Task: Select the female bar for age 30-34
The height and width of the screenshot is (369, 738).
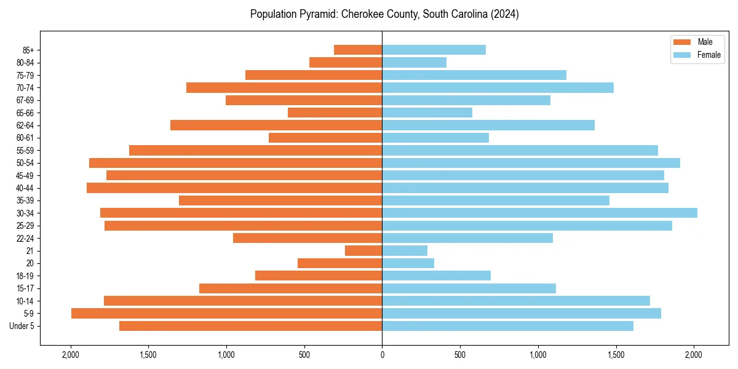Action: pos(539,213)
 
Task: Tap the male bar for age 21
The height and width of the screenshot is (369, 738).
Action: pos(363,251)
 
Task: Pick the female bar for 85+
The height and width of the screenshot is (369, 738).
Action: pos(434,50)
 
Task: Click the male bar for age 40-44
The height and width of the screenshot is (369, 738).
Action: pos(234,188)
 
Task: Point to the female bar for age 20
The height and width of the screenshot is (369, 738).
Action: pos(408,263)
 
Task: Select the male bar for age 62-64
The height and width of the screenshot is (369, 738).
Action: pos(276,125)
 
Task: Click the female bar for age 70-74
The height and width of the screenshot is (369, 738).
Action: pos(498,88)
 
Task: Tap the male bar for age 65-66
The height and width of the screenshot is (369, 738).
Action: pos(335,113)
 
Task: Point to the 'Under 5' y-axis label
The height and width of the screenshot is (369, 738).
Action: pos(22,326)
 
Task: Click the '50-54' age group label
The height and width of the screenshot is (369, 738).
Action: pos(25,163)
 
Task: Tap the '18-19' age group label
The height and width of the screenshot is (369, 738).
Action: pos(25,276)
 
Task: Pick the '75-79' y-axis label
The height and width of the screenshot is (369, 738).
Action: pos(25,76)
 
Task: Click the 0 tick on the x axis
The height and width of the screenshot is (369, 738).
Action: pos(382,355)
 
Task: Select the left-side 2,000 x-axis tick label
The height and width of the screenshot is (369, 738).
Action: pos(71,355)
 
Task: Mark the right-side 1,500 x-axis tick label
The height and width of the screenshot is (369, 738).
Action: pos(616,355)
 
